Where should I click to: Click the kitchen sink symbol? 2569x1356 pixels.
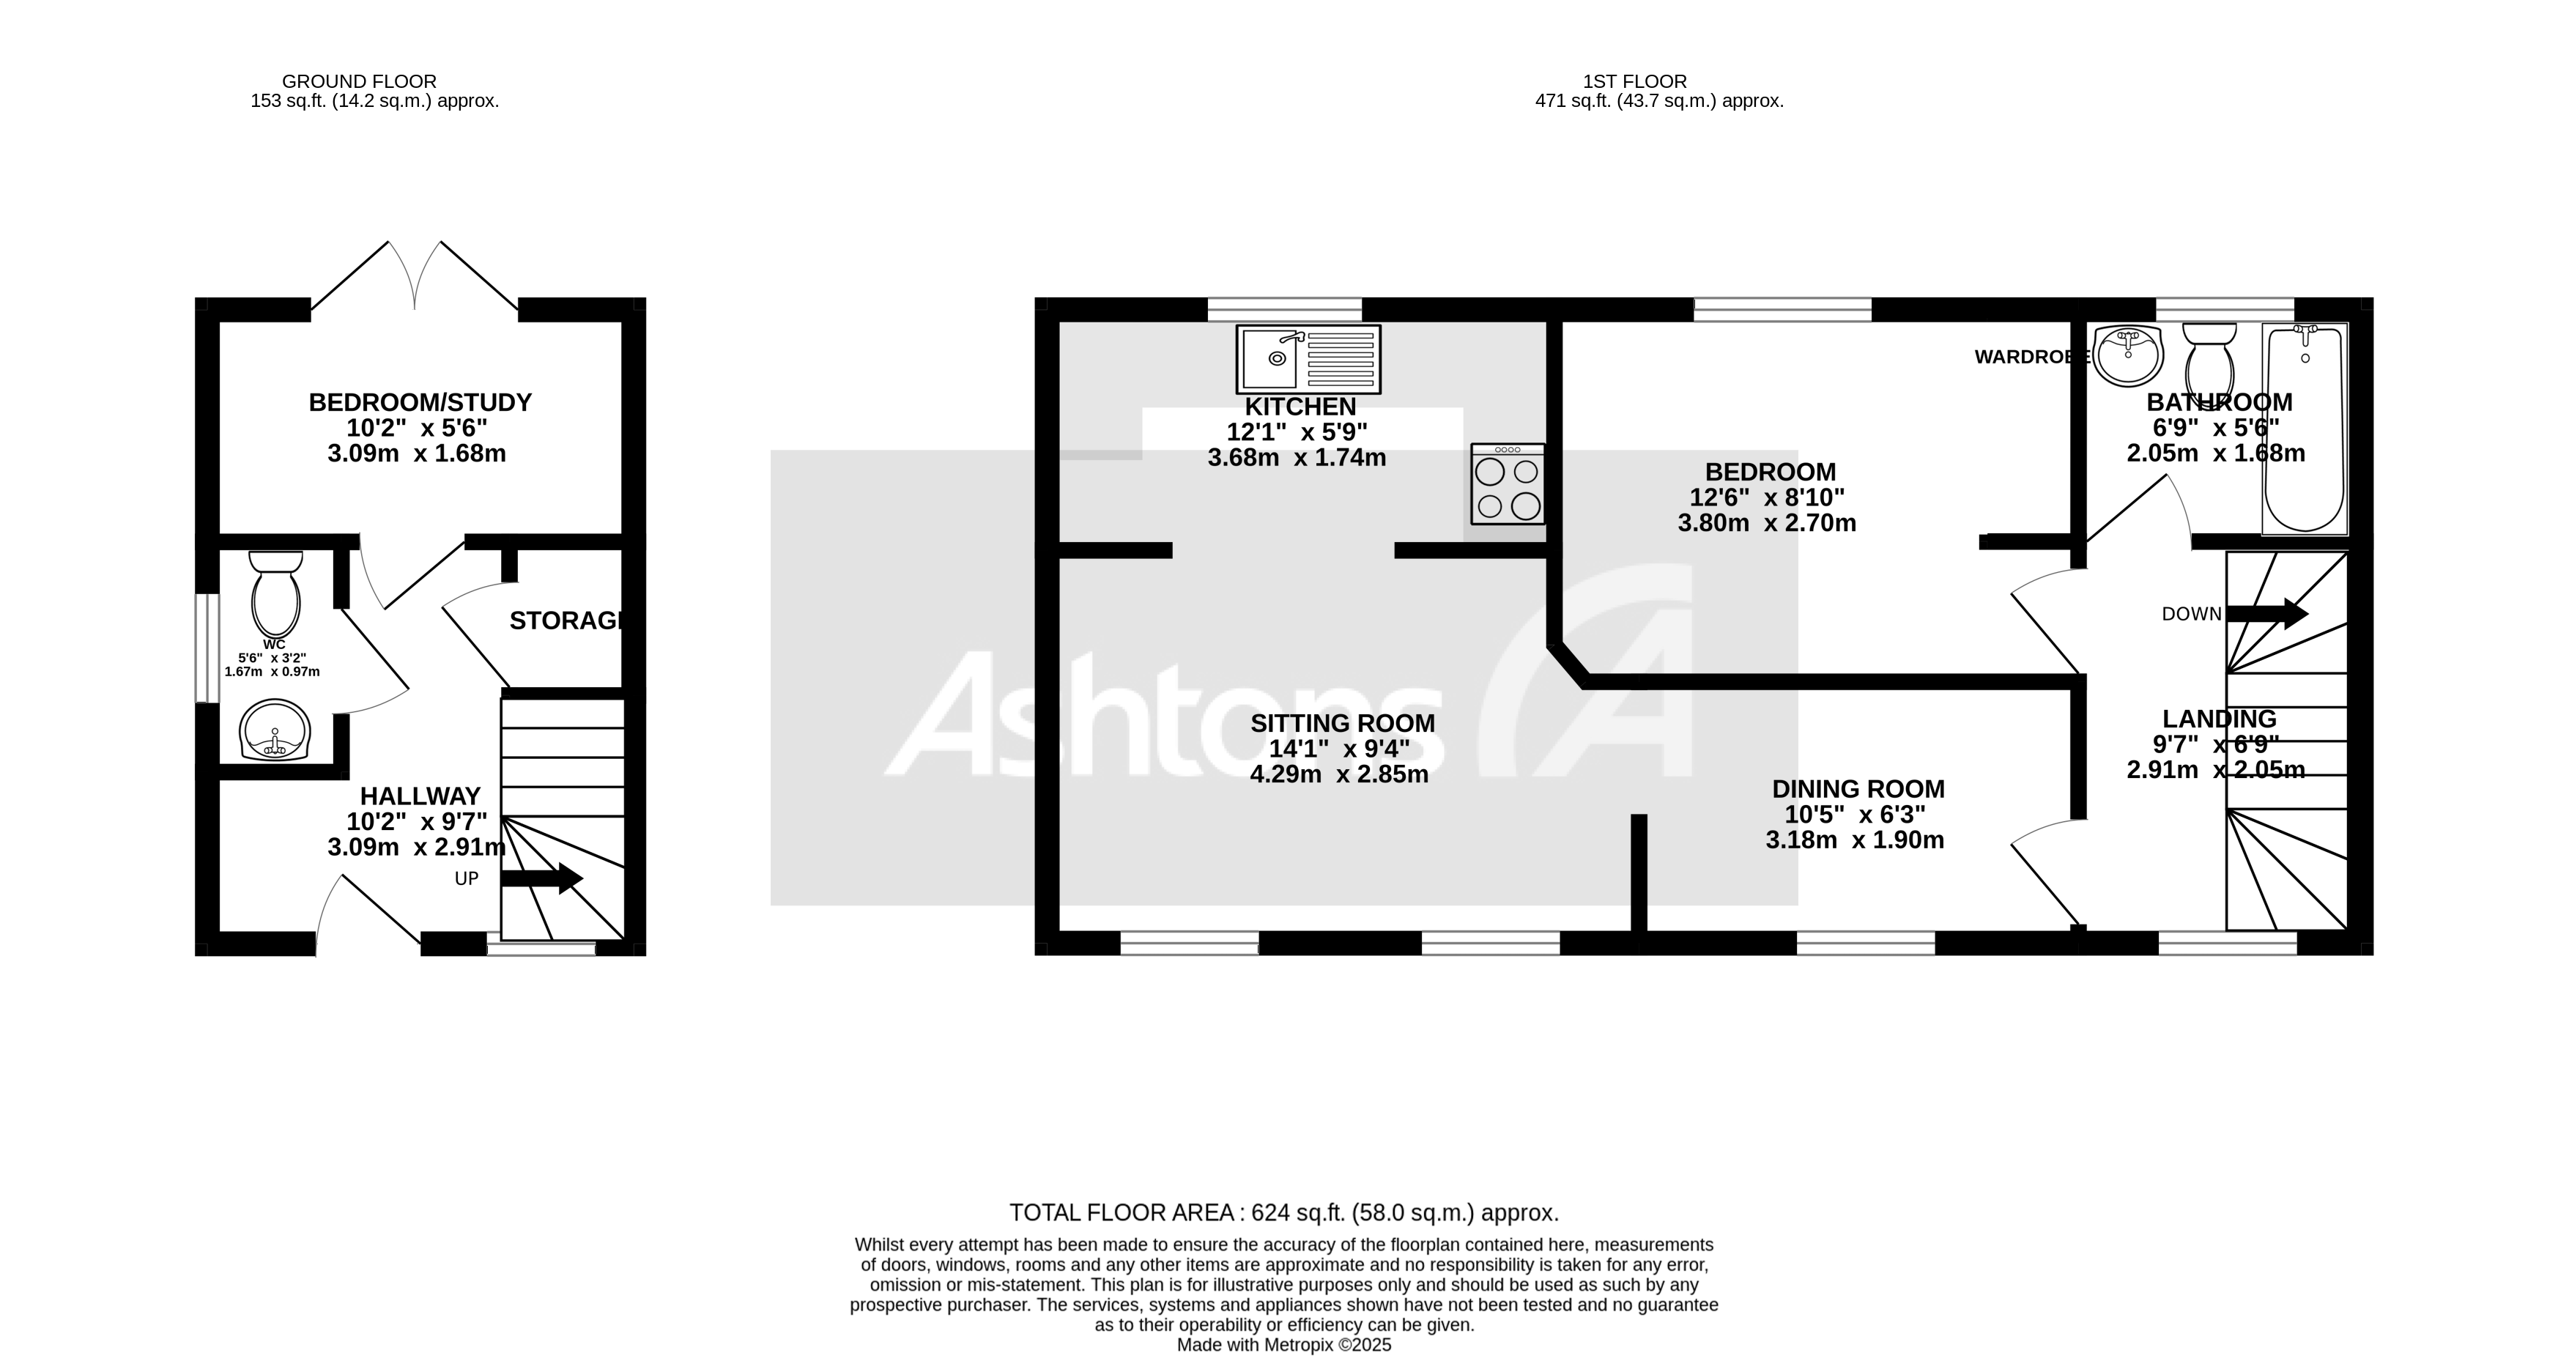(x=1308, y=359)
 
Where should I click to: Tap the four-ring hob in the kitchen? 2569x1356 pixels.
(x=1507, y=484)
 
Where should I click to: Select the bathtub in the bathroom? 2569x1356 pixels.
(x=2305, y=429)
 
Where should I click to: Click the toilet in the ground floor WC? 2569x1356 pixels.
(x=276, y=592)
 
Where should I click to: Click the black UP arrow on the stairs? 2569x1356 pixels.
(x=541, y=878)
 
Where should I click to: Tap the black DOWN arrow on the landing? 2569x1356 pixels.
(x=2266, y=613)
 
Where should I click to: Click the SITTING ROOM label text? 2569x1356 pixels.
(x=1342, y=724)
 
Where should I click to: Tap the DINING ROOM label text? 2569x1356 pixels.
(x=1858, y=789)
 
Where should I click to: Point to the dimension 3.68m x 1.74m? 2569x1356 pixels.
(x=1297, y=459)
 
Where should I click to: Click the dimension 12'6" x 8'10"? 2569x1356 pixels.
(x=1766, y=497)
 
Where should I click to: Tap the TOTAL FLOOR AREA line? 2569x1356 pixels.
(x=1283, y=1212)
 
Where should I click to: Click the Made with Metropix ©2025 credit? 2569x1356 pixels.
(x=1283, y=1345)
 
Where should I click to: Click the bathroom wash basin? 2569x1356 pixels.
(x=2127, y=355)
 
